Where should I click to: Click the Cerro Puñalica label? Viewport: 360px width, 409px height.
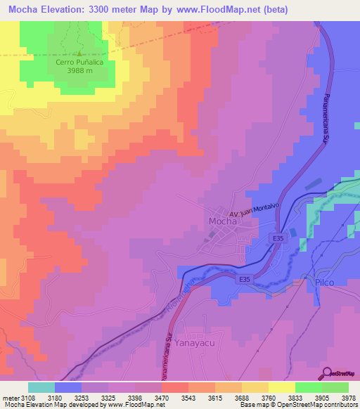[x=79, y=61]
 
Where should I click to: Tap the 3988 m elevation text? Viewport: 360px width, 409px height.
[x=79, y=70]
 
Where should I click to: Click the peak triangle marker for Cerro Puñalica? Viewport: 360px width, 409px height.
[x=79, y=53]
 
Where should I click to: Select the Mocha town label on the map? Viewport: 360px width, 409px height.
[x=223, y=221]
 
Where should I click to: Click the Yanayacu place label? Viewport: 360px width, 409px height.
[x=199, y=337]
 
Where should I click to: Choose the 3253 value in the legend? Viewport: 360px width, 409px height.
[x=89, y=397]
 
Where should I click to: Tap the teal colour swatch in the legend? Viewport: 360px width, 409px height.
[x=41, y=387]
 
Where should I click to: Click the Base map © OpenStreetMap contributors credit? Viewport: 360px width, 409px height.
[x=297, y=405]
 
